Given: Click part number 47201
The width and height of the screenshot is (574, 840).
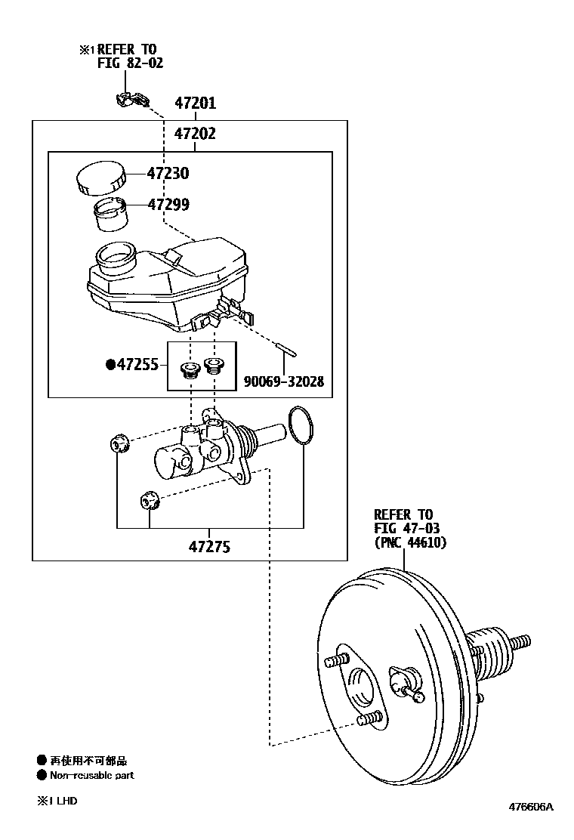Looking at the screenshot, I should tap(195, 103).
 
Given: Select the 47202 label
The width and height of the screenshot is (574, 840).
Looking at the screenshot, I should tap(195, 134).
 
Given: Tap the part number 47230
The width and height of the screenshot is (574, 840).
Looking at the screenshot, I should tap(168, 174).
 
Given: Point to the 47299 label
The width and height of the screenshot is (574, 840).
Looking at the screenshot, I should tap(168, 205).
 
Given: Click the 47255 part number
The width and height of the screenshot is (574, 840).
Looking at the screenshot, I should tap(137, 366).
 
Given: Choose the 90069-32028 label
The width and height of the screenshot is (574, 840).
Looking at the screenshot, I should tap(283, 382).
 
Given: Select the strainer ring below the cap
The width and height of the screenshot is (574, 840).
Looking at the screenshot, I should tap(110, 214).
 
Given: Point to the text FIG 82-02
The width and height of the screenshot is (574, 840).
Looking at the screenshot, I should tap(130, 63).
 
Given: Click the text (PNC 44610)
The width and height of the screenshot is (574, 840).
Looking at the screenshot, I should tap(410, 542).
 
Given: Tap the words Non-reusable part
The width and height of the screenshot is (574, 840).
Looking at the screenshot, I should tap(91, 775).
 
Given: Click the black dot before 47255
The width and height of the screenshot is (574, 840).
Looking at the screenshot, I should tap(110, 366).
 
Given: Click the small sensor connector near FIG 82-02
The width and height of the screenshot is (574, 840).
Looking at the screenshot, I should tap(131, 99).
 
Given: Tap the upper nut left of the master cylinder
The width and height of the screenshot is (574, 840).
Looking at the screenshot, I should tap(119, 443).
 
